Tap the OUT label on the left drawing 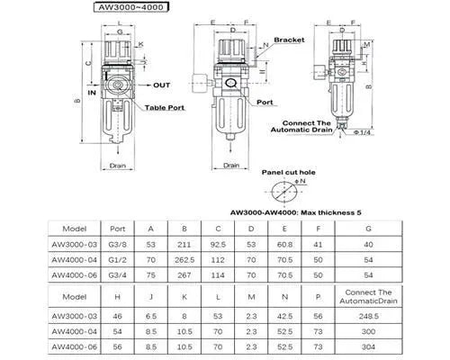point(161,85)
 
